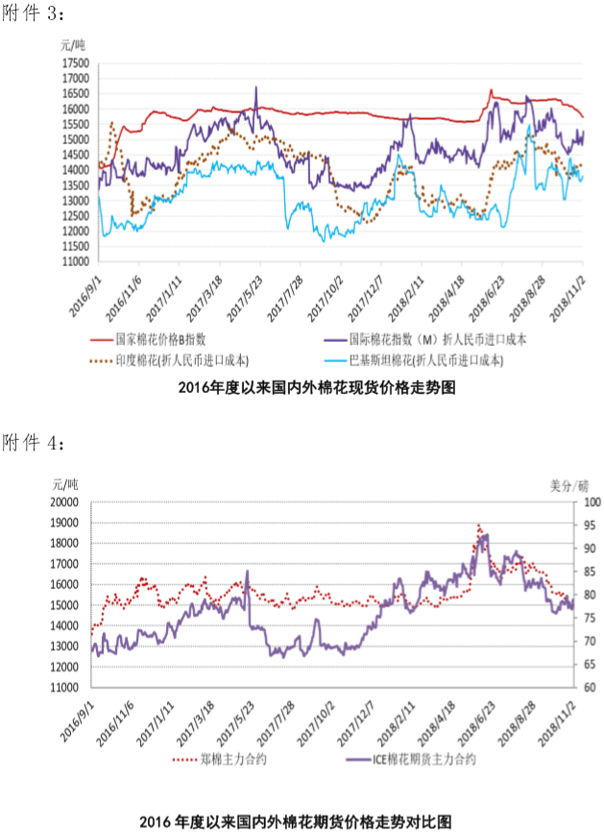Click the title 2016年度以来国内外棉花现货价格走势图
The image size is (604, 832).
pos(302,388)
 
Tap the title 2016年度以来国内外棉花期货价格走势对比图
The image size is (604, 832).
pos(302,821)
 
